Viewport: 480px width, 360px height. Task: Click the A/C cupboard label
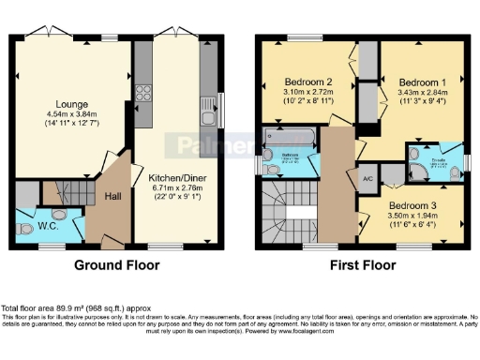click(x=367, y=178)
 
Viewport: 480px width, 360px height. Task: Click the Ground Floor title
click(x=116, y=265)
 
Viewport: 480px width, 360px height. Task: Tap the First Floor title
click(x=362, y=265)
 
